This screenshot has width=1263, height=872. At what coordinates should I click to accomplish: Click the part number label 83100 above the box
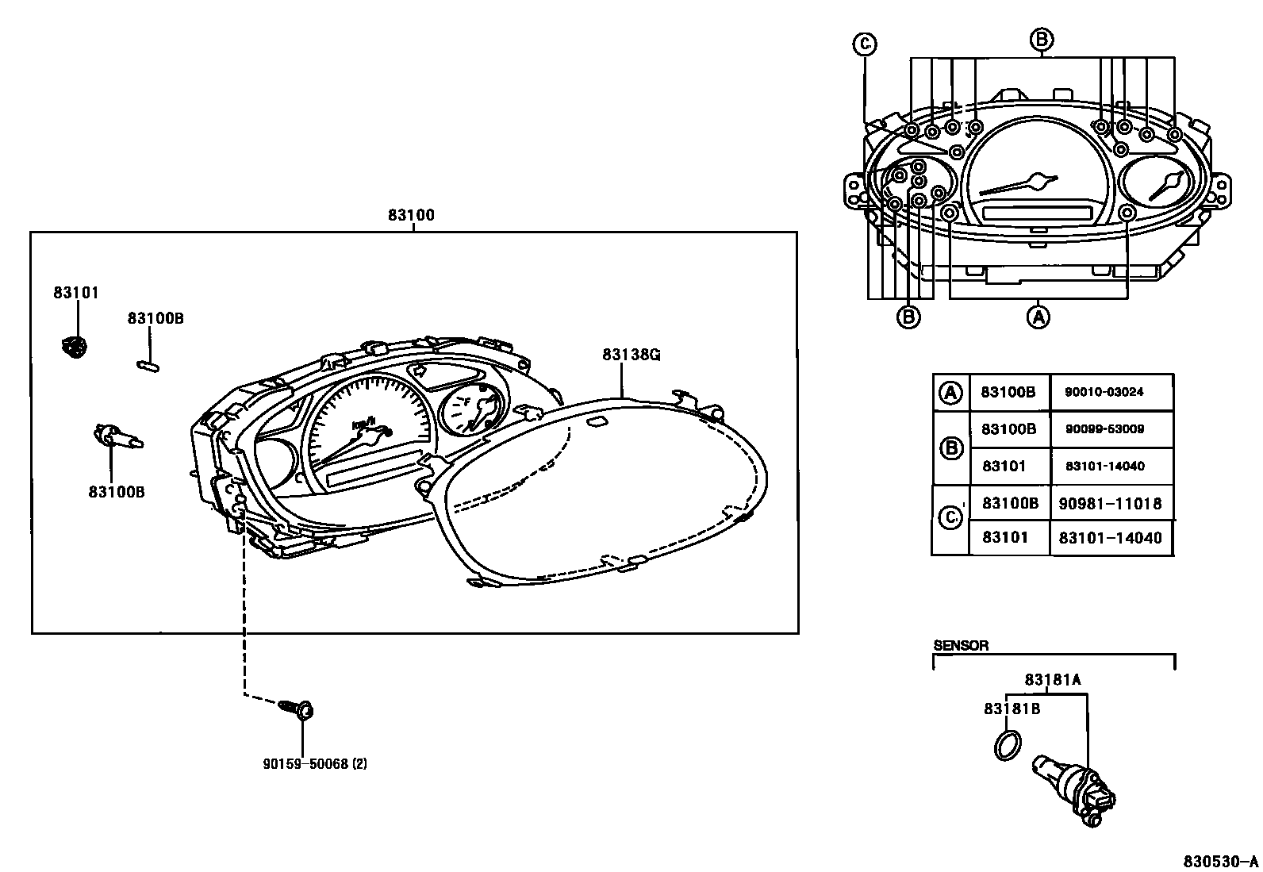click(411, 215)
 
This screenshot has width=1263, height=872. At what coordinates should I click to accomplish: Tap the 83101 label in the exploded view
click(76, 293)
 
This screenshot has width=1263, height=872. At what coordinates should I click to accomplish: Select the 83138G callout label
click(631, 355)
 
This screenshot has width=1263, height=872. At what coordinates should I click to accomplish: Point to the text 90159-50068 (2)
click(315, 764)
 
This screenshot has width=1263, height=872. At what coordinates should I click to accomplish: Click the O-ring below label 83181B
click(1007, 745)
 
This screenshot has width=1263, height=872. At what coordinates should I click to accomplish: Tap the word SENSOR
click(961, 645)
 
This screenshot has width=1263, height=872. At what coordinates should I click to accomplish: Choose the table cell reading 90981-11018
click(1110, 503)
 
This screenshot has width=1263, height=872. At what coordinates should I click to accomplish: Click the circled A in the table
click(950, 392)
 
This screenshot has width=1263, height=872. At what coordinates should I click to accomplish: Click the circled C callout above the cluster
click(864, 44)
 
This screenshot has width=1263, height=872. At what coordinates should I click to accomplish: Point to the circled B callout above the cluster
click(1042, 39)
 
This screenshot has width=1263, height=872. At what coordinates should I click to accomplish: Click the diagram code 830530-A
click(1221, 861)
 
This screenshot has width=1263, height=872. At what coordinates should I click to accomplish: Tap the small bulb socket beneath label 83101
click(75, 347)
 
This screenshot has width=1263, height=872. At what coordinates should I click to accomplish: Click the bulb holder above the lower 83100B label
click(115, 436)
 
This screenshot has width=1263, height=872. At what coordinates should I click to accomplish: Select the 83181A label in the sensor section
click(1053, 679)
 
